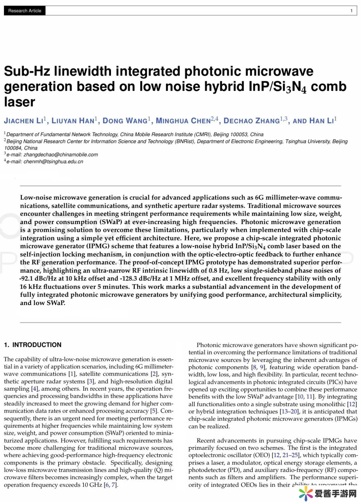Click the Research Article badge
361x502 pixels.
pyautogui.click(x=25, y=11)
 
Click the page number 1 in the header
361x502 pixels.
pyautogui.click(x=351, y=11)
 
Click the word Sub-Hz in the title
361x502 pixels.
pyautogui.click(x=27, y=71)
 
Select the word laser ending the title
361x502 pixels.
pyautogui.click(x=19, y=102)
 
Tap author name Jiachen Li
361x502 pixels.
pyautogui.click(x=24, y=121)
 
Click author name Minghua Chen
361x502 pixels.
pyautogui.click(x=183, y=121)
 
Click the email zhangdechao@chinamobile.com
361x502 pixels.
pyautogui.click(x=61, y=155)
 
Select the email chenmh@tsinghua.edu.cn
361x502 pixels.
pyautogui.click(x=53, y=162)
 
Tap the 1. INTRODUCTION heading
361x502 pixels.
pyautogui.click(x=33, y=345)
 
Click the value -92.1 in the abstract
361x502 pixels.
pyautogui.click(x=27, y=279)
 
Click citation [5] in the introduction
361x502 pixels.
pyautogui.click(x=153, y=411)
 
